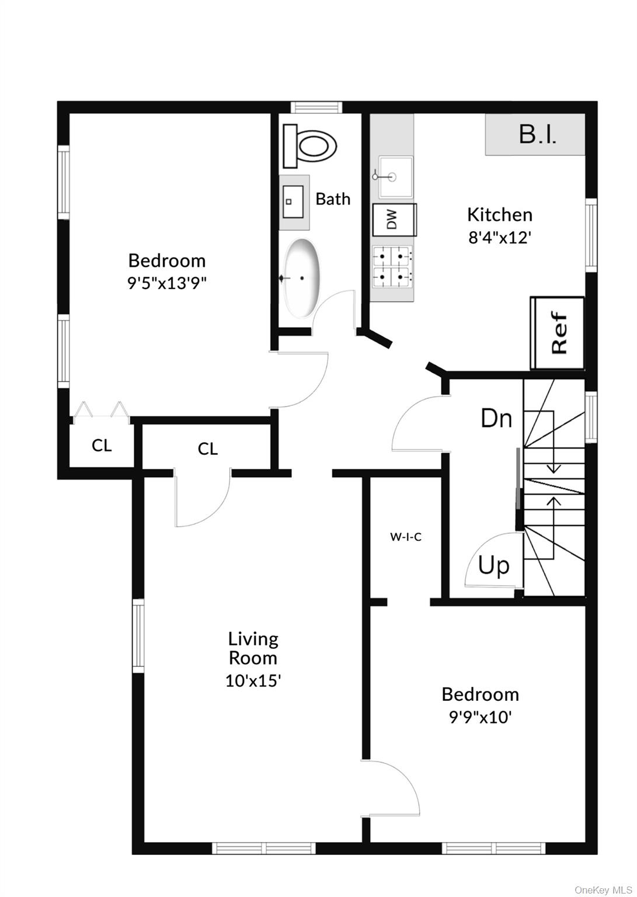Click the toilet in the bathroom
[x=311, y=147]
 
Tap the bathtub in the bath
[x=302, y=278]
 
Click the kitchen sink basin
[x=394, y=176]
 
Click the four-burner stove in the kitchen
[x=393, y=266]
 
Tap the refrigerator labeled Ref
[x=558, y=333]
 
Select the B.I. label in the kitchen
[x=537, y=134]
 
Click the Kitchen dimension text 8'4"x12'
[x=499, y=238]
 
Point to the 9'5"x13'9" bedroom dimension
[x=167, y=283]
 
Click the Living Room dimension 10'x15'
[x=253, y=680]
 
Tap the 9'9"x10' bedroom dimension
[x=480, y=717]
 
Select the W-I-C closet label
[x=406, y=537]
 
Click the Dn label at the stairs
[x=496, y=419]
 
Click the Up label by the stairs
[x=494, y=565]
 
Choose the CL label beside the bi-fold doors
[x=102, y=446]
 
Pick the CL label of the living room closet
[x=207, y=448]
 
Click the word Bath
[x=333, y=199]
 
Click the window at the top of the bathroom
[x=315, y=107]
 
